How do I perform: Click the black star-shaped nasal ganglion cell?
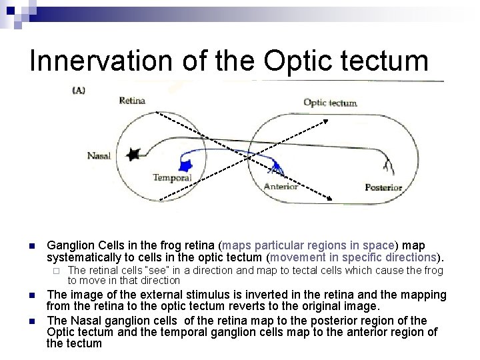133,154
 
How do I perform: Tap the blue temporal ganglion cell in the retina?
185,165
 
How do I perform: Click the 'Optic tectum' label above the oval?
330,103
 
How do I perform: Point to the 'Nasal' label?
99,156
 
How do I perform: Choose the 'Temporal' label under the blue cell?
172,178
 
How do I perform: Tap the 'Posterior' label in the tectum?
383,187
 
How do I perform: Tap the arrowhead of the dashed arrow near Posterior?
331,198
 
